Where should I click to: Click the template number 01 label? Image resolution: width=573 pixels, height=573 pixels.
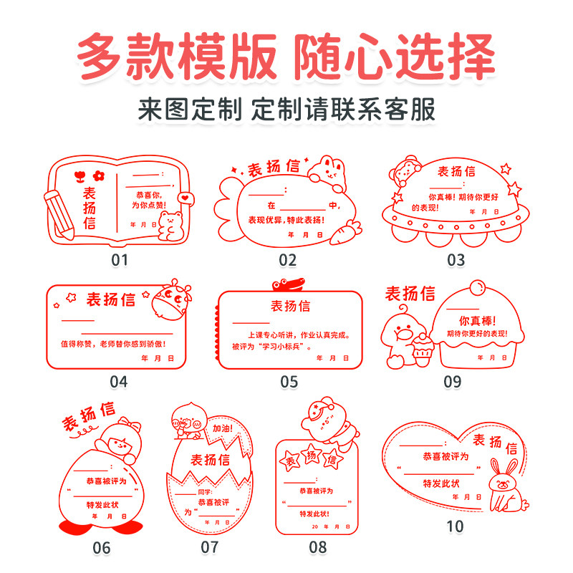point(118,260)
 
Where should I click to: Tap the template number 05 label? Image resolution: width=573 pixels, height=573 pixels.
point(289,382)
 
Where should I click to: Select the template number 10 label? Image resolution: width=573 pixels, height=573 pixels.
point(455,526)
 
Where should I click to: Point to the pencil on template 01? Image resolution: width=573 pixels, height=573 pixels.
point(59,214)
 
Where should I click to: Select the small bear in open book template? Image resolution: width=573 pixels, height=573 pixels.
point(171,223)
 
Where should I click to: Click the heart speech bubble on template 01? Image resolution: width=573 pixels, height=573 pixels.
point(188,197)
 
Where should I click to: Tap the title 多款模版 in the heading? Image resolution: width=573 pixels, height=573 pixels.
point(175,57)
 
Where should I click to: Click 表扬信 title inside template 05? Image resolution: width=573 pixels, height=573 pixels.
point(290,307)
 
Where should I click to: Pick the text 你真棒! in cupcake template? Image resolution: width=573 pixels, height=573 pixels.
point(476,320)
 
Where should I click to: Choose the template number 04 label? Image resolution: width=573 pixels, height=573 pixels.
point(118,382)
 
